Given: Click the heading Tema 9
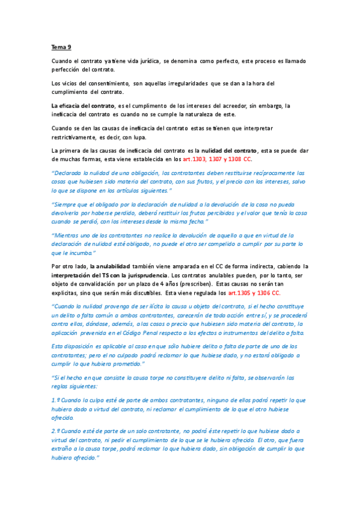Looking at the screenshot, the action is pos(61,46).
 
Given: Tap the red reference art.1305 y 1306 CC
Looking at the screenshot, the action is pos(253,293).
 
